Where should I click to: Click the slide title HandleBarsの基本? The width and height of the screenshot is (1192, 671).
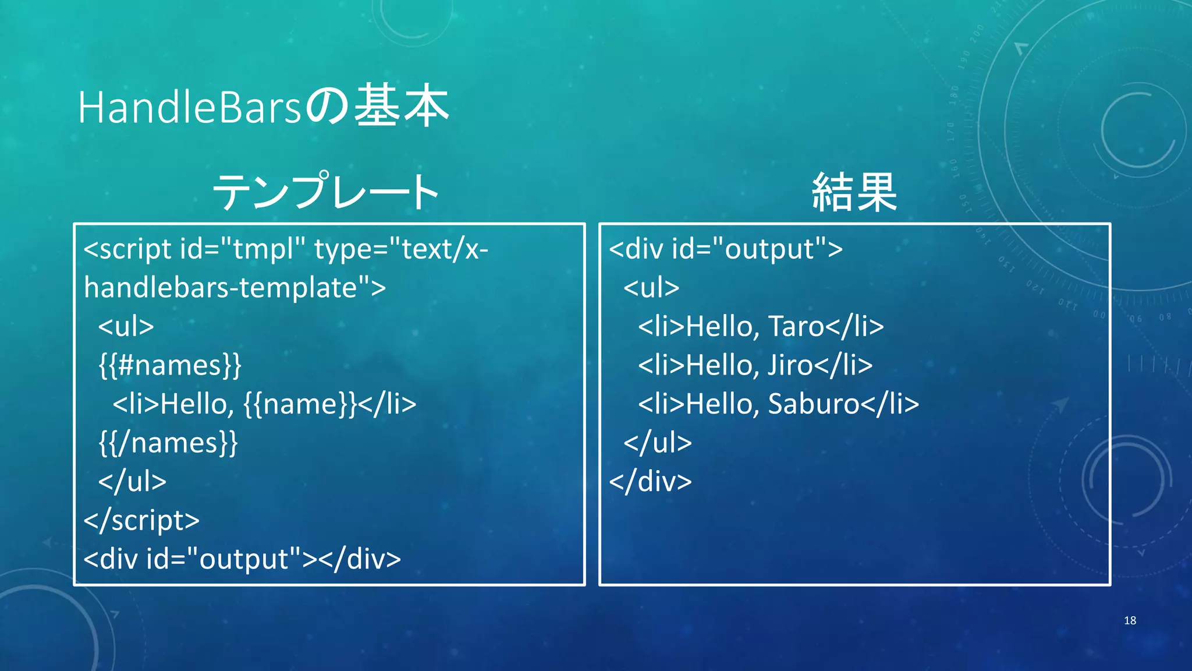pyautogui.click(x=263, y=107)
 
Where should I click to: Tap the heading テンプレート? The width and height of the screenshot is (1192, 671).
pyautogui.click(x=326, y=192)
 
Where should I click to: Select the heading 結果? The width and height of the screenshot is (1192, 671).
pyautogui.click(x=854, y=192)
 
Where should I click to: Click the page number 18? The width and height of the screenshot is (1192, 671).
pyautogui.click(x=1130, y=620)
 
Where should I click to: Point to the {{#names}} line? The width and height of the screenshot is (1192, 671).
pyautogui.click(x=169, y=365)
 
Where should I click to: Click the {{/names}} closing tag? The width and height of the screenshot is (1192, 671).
pyautogui.click(x=168, y=443)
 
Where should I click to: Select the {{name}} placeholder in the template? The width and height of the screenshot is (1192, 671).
pyautogui.click(x=300, y=404)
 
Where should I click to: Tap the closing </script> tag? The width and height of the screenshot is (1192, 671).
pyautogui.click(x=141, y=520)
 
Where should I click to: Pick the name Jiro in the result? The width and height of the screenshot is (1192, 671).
pyautogui.click(x=790, y=365)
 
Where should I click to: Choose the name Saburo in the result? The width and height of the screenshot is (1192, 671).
pyautogui.click(x=813, y=404)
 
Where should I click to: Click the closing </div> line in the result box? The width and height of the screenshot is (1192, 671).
pyautogui.click(x=650, y=482)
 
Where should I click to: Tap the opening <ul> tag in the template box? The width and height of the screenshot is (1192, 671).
pyautogui.click(x=126, y=326)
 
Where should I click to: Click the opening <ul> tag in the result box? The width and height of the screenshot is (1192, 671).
pyautogui.click(x=651, y=288)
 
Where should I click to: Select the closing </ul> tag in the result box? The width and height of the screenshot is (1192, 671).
pyautogui.click(x=658, y=443)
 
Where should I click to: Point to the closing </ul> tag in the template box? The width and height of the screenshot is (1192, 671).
pyautogui.click(x=132, y=482)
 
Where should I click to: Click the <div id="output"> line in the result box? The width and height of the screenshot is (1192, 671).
pyautogui.click(x=725, y=249)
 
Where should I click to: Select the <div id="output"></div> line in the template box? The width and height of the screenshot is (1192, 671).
pyautogui.click(x=242, y=559)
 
